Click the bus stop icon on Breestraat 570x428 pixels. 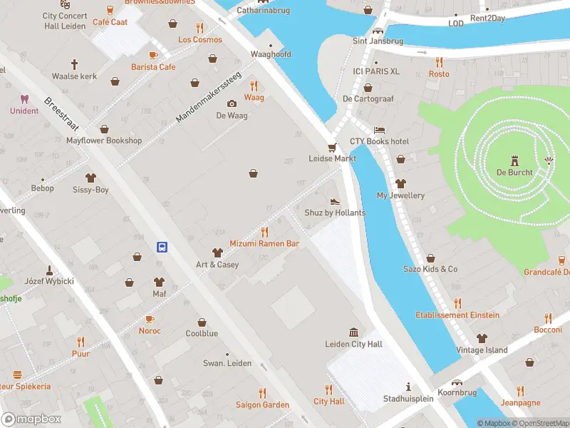click(x=162, y=248)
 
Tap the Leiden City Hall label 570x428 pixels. click(x=353, y=345)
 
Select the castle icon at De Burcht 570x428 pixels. click(x=514, y=160)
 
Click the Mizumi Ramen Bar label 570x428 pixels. click(x=264, y=243)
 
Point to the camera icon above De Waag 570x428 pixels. click(x=232, y=104)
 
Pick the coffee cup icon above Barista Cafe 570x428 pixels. click(x=152, y=55)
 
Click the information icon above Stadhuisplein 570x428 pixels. click(x=408, y=387)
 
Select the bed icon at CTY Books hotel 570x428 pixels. click(x=380, y=130)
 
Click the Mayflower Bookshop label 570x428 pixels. click(x=104, y=141)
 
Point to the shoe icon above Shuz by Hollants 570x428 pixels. click(x=334, y=202)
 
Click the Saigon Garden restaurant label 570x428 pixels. click(x=262, y=404)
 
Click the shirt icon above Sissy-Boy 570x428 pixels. click(x=90, y=178)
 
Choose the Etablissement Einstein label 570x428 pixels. click(x=457, y=315)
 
